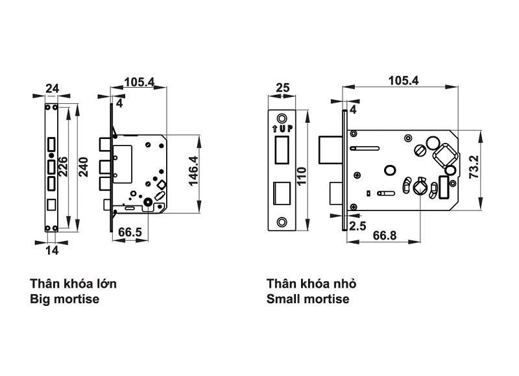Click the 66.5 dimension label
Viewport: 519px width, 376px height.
(130, 232)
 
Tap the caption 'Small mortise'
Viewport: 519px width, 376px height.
(308, 299)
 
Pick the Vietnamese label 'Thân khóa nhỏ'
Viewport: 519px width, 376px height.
(311, 284)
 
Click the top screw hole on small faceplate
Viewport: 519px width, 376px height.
(282, 118)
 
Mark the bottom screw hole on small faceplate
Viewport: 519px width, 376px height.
(282, 221)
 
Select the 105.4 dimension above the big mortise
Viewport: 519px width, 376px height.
(139, 82)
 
